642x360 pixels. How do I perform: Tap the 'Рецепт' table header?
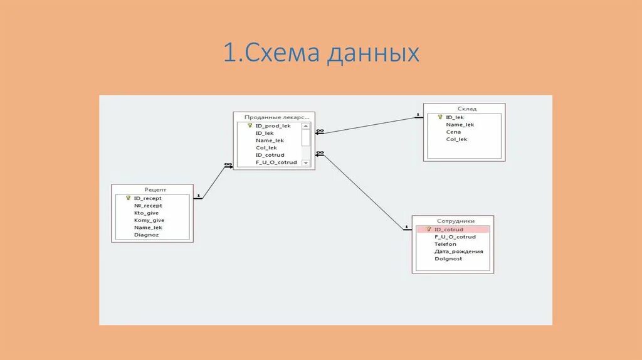152,189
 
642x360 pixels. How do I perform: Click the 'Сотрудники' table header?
453,221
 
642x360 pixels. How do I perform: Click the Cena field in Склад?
453,132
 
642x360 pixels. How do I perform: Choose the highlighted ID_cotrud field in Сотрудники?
449,230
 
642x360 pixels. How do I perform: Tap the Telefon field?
445,244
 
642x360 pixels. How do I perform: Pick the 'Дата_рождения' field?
458,251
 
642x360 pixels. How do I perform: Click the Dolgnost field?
448,258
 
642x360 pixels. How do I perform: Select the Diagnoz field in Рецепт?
146,235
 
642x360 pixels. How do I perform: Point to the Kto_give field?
146,213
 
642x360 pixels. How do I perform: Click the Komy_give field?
149,220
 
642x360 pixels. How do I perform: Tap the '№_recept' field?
148,206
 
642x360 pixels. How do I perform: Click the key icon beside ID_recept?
128,198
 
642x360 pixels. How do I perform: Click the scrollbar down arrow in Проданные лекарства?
306,162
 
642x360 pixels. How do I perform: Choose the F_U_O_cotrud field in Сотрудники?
455,237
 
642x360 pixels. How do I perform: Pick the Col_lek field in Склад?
456,139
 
